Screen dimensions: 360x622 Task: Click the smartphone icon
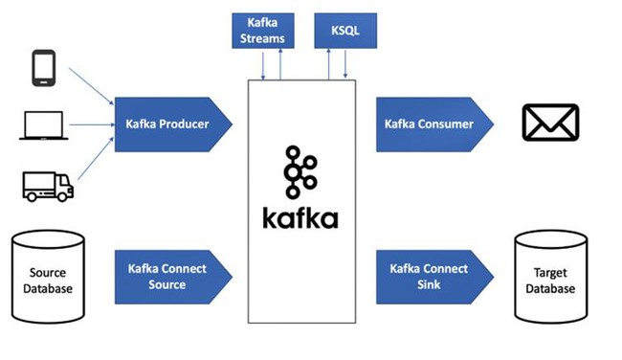(x=43, y=68)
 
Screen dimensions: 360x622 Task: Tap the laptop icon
(x=42, y=127)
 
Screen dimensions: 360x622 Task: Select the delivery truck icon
(x=47, y=186)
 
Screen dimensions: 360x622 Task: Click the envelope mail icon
(x=550, y=124)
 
